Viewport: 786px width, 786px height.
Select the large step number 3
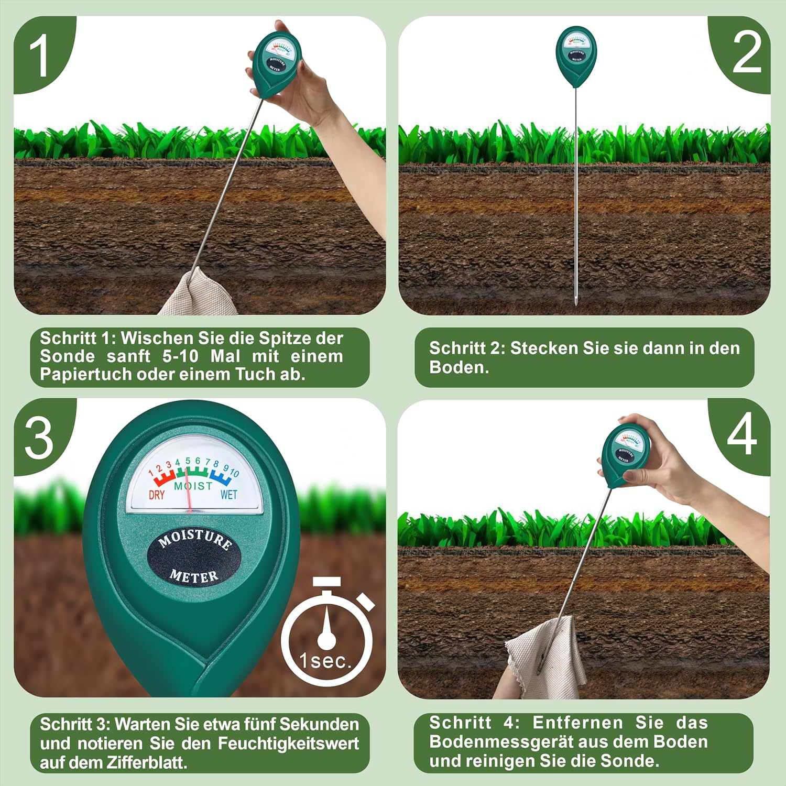[39, 438]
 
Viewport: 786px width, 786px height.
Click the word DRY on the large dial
[157, 495]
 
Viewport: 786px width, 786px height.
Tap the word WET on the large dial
[228, 494]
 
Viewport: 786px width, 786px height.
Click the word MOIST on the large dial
[193, 486]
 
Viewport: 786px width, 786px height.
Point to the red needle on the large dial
[188, 490]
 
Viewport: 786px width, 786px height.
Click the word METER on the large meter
[194, 576]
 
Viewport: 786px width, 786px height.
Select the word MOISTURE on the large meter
[195, 538]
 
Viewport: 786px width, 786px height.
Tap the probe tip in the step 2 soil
[575, 303]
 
